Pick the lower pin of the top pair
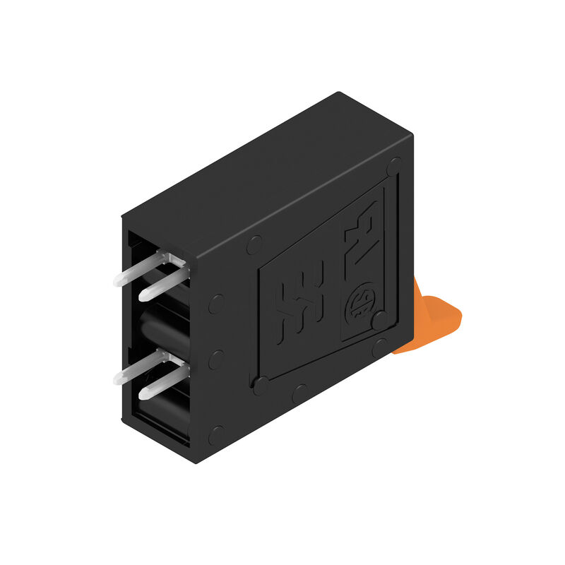coord(162,284)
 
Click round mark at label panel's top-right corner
coord(394,167)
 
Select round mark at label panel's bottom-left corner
coord(261,386)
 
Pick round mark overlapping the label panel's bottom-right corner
coord(381,321)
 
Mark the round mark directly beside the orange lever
coord(382,345)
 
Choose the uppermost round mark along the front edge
coord(216,304)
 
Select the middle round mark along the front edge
coord(216,357)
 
